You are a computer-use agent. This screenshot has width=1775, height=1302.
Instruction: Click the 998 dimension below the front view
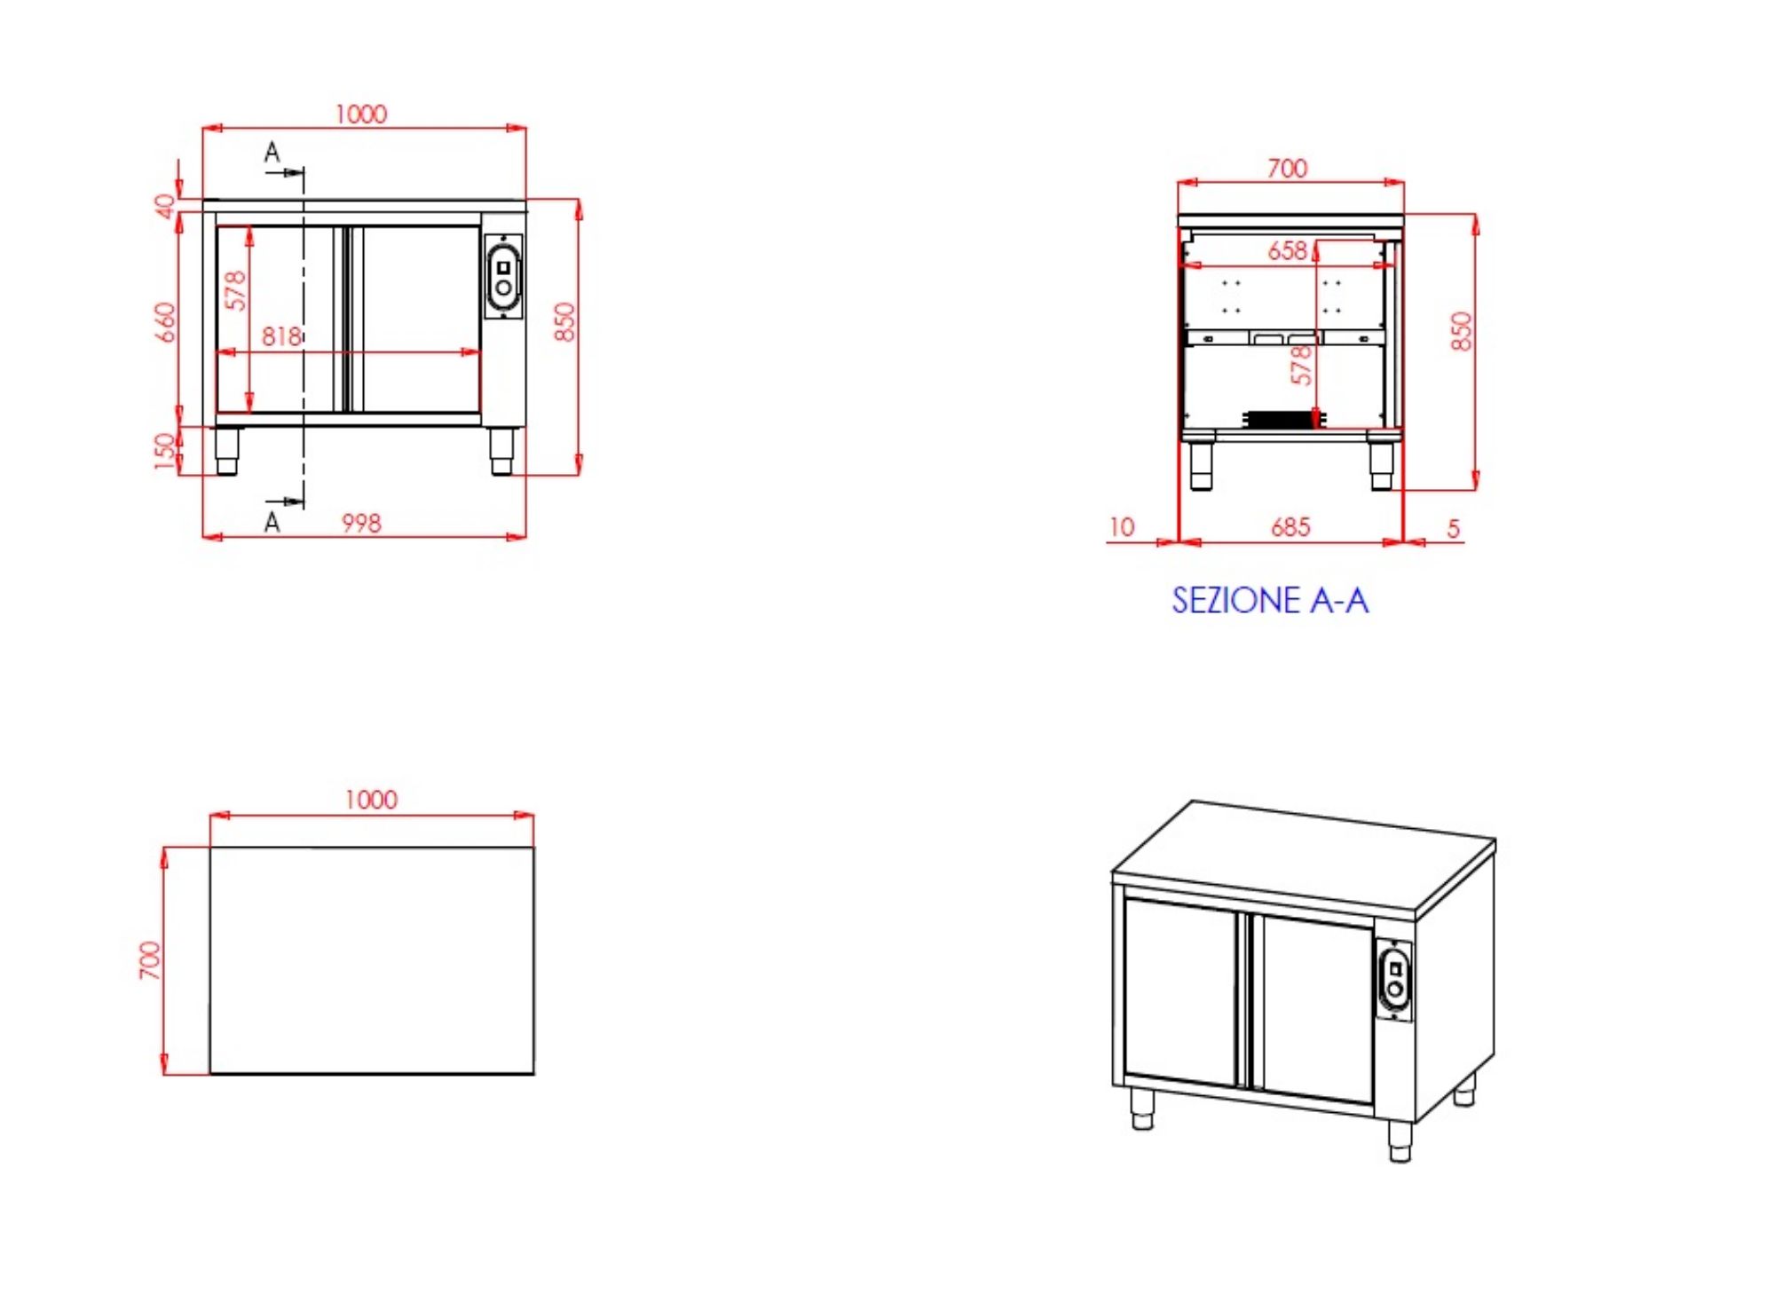(361, 523)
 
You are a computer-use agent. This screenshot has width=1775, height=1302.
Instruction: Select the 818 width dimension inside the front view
(281, 336)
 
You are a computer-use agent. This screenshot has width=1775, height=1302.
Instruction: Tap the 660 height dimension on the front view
(166, 321)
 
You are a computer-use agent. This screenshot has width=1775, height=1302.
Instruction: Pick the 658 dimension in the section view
(1287, 251)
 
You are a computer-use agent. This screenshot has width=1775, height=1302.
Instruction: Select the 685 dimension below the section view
(1290, 527)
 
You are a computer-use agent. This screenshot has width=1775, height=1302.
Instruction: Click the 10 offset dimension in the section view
(1122, 527)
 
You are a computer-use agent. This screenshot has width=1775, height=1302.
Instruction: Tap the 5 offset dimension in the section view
(1453, 529)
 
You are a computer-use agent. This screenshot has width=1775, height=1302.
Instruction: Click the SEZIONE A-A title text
(1270, 601)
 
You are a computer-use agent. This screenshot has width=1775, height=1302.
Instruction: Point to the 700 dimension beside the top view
(151, 960)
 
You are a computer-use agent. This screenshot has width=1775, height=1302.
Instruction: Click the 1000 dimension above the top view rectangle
(371, 800)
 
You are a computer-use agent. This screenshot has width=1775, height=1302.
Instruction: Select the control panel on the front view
(503, 274)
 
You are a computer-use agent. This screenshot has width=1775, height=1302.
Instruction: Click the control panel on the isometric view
(1394, 979)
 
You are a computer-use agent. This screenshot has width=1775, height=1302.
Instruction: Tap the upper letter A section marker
(272, 153)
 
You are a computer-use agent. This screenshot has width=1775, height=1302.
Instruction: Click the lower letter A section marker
(272, 522)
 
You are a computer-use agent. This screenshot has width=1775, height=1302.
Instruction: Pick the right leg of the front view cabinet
(502, 451)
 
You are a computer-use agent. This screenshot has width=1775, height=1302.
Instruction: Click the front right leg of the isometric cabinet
(1400, 1141)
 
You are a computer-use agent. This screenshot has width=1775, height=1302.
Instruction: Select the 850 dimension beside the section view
(1462, 331)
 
